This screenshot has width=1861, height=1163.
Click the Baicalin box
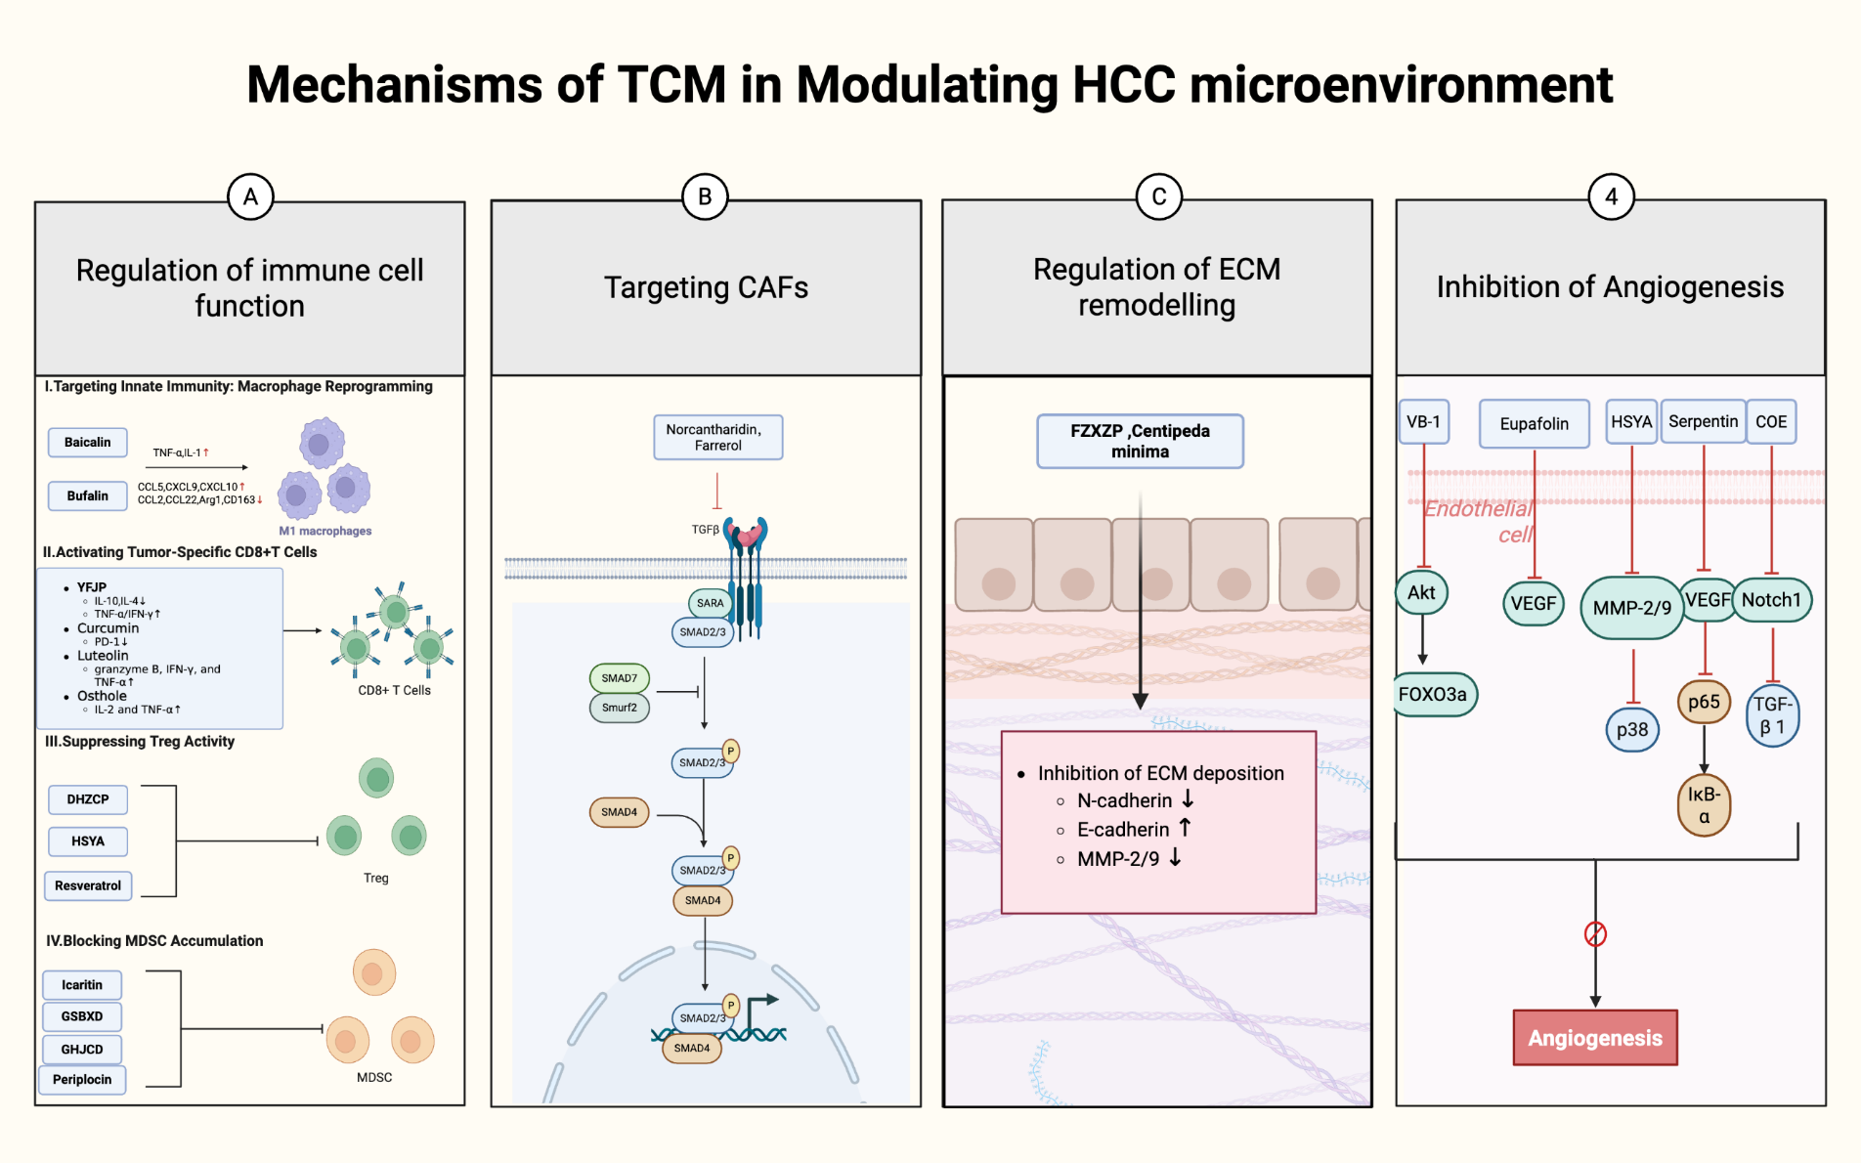[x=88, y=443]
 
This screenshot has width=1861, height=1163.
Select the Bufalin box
[x=88, y=496]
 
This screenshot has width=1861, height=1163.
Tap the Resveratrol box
[x=88, y=885]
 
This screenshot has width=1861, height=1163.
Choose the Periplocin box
[x=82, y=1080]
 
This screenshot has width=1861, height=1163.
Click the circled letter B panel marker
[x=705, y=197]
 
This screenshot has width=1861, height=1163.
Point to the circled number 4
[x=1611, y=197]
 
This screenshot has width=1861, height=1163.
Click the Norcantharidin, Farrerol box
[x=718, y=437]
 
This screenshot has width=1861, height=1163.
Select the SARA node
[x=711, y=603]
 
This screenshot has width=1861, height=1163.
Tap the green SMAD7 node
[x=620, y=678]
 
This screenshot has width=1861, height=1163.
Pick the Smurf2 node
[x=620, y=708]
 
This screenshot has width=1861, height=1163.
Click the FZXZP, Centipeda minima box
[x=1140, y=442]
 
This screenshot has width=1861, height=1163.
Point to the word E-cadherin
[x=1123, y=830]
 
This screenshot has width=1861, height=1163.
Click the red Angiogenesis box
[x=1595, y=1038]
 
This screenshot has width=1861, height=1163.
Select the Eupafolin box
[x=1534, y=423]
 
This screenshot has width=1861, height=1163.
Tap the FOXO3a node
[x=1433, y=695]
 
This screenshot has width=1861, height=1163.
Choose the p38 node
[x=1632, y=730]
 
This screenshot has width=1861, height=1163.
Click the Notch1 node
[x=1771, y=600]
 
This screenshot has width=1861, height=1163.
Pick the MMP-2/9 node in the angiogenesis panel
[x=1631, y=608]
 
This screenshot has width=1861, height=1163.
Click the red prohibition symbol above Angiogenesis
[x=1595, y=934]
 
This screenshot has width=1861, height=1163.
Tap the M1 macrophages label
[x=325, y=532]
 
